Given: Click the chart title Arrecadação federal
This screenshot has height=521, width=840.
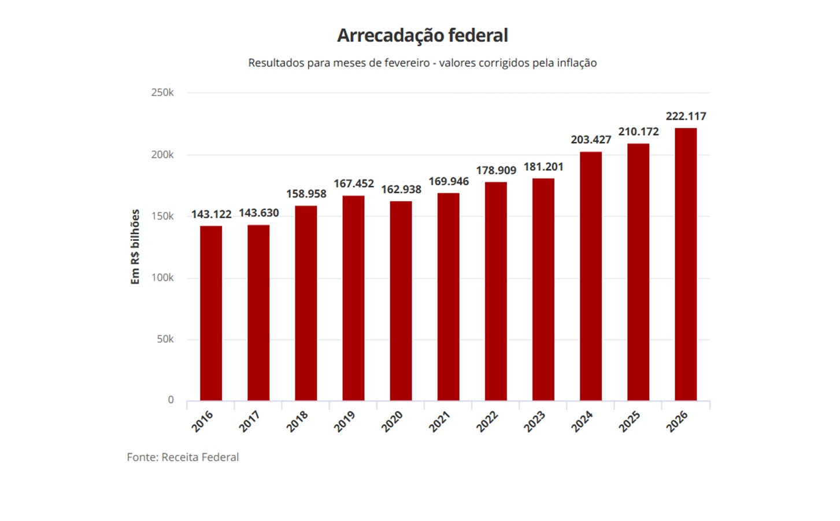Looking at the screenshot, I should click(x=422, y=35).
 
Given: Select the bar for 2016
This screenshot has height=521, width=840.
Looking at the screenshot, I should click(x=211, y=313).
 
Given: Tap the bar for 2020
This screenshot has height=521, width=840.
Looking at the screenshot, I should click(x=401, y=301).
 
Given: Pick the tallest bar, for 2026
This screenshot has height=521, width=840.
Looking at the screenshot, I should click(x=686, y=264).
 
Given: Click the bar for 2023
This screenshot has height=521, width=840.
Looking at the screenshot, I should click(x=543, y=289).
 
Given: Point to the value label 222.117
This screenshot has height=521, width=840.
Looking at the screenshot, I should click(x=686, y=116).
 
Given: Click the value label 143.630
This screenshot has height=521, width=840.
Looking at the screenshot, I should click(x=258, y=213).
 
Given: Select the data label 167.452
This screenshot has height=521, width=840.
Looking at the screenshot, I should click(x=354, y=184).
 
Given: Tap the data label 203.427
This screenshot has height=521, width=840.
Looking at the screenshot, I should click(x=591, y=140).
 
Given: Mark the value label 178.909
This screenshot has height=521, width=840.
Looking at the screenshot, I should click(x=496, y=170).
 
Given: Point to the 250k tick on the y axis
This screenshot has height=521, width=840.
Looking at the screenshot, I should click(x=162, y=93).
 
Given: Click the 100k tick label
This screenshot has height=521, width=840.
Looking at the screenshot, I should click(x=162, y=278).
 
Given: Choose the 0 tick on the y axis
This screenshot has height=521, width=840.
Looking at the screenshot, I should click(x=171, y=400).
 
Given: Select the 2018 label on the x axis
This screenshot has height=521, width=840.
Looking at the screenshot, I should click(x=297, y=421).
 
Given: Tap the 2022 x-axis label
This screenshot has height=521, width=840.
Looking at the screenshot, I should click(x=487, y=421).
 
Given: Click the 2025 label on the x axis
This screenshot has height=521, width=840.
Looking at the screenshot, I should click(x=629, y=421).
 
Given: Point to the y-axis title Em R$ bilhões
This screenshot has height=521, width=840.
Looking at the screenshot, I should click(x=135, y=247).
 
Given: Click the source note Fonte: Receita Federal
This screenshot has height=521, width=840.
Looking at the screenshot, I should click(x=183, y=457).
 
